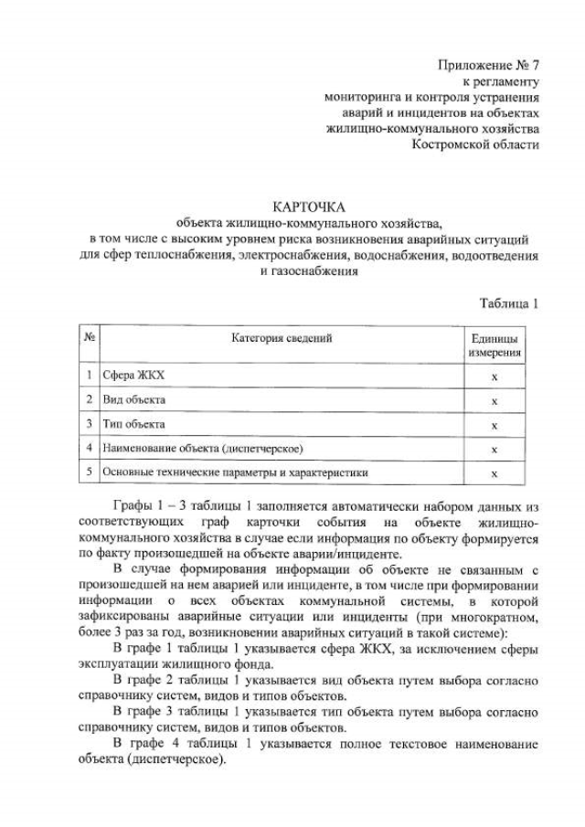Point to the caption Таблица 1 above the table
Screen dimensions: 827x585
coord(509,303)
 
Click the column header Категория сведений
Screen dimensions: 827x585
coord(281,338)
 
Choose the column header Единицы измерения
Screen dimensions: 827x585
coord(495,345)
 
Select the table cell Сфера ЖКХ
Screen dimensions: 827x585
coord(133,376)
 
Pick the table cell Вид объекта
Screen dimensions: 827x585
coord(133,400)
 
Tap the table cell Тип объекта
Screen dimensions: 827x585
coord(133,425)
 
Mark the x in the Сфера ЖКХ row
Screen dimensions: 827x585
coord(495,376)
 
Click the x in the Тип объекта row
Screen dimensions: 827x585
coord(495,425)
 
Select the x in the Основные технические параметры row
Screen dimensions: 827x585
coord(495,473)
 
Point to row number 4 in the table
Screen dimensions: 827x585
coord(90,449)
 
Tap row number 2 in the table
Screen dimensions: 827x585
coord(90,400)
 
